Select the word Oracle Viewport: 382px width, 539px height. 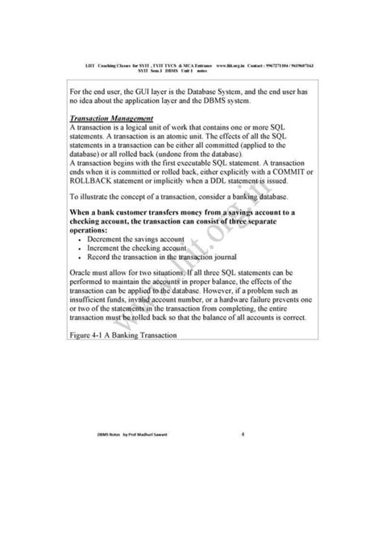84,274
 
